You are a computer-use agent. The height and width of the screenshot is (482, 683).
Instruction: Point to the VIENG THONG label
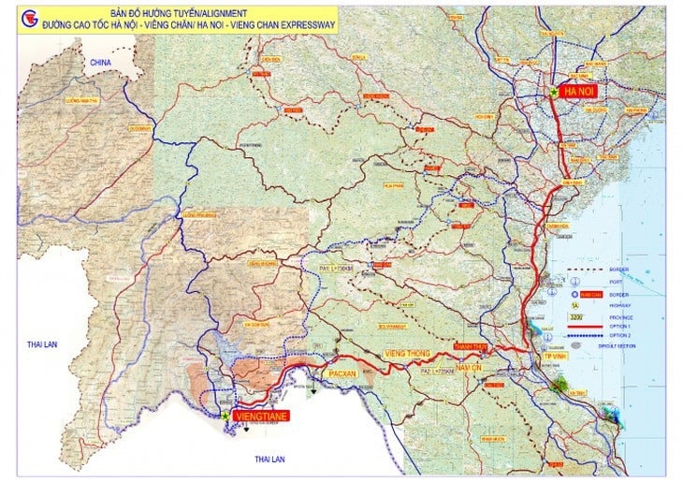pos(407,354)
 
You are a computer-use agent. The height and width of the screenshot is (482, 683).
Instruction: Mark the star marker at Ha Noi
pos(555,92)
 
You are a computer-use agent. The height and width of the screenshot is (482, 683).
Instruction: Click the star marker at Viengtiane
pos(226,412)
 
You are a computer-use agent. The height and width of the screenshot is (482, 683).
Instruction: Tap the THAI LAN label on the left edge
pos(42,344)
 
